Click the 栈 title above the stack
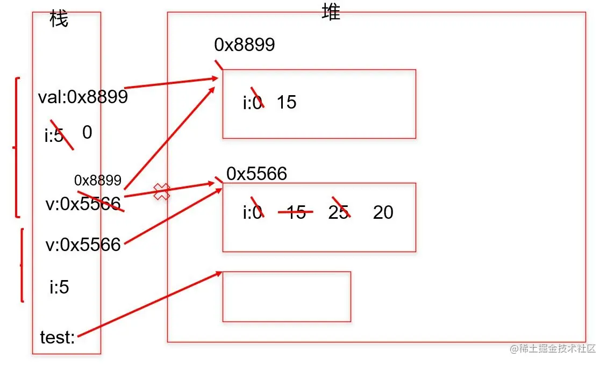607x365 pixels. pyautogui.click(x=59, y=20)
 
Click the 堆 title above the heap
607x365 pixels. pyautogui.click(x=331, y=13)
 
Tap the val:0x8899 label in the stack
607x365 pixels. pyautogui.click(x=83, y=97)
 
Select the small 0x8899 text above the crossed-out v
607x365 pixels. pyautogui.click(x=98, y=180)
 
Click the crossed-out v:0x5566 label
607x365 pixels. pyautogui.click(x=83, y=204)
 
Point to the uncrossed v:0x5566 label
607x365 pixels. pyautogui.click(x=83, y=245)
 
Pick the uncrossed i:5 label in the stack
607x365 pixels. pyautogui.click(x=59, y=288)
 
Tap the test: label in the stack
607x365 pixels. pyautogui.click(x=58, y=338)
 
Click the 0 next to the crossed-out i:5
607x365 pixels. pyautogui.click(x=87, y=132)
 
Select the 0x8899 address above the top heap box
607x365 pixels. pyautogui.click(x=245, y=45)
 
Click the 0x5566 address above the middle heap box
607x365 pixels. pyautogui.click(x=256, y=173)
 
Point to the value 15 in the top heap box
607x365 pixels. pyautogui.click(x=287, y=102)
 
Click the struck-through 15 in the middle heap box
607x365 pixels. pyautogui.click(x=296, y=212)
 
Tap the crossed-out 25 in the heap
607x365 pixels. pyautogui.click(x=339, y=212)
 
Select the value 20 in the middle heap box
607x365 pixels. pyautogui.click(x=383, y=212)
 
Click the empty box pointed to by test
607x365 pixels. pyautogui.click(x=287, y=296)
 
